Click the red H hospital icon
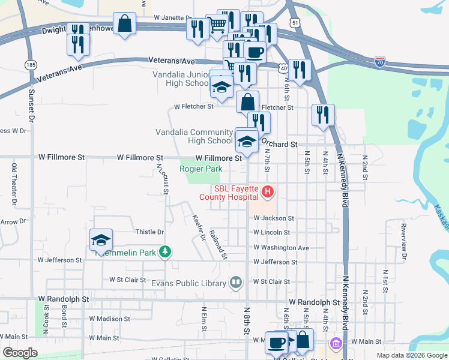coord(268,193)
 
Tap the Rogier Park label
coord(200,169)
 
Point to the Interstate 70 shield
coord(380,61)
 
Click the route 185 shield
coord(30,64)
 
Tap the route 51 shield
coord(294,22)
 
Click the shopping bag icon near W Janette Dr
coord(124,25)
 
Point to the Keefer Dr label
coord(199,229)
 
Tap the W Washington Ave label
coord(281,247)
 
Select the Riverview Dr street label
coord(404,241)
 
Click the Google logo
coord(20,352)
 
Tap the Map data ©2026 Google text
coord(411,355)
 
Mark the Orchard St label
coord(279,145)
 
